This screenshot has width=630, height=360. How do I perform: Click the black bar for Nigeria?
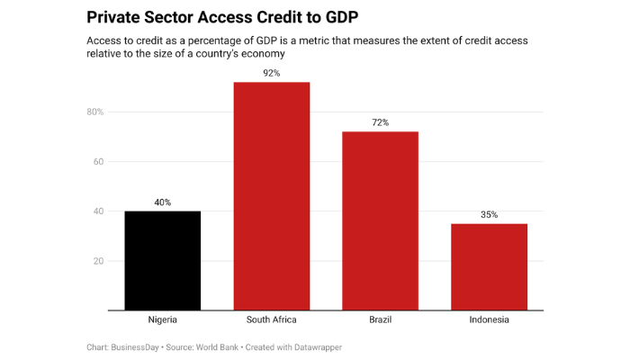(x=162, y=261)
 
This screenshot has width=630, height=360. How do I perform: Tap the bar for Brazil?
(x=380, y=220)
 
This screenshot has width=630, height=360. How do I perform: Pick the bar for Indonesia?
(x=489, y=266)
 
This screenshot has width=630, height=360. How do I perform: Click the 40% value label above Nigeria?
(x=162, y=202)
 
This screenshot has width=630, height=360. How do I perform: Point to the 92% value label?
(x=271, y=73)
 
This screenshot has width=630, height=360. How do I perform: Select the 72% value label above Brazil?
(x=380, y=122)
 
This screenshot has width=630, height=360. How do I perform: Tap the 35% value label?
(x=489, y=214)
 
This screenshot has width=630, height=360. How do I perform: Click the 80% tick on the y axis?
(x=94, y=112)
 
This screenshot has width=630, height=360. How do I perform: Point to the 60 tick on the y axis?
(x=98, y=162)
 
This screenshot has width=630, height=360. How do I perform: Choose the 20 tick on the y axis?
(x=98, y=261)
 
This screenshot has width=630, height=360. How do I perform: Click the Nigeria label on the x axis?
(x=162, y=320)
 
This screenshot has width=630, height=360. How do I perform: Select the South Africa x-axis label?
(x=271, y=320)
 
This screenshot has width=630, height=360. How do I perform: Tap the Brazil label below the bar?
(x=380, y=320)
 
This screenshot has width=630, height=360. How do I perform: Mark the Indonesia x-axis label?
(x=489, y=320)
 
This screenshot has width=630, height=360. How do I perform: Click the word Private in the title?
(x=115, y=17)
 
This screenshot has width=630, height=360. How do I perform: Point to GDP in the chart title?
(x=324, y=17)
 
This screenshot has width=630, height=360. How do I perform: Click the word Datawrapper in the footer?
(x=317, y=346)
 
